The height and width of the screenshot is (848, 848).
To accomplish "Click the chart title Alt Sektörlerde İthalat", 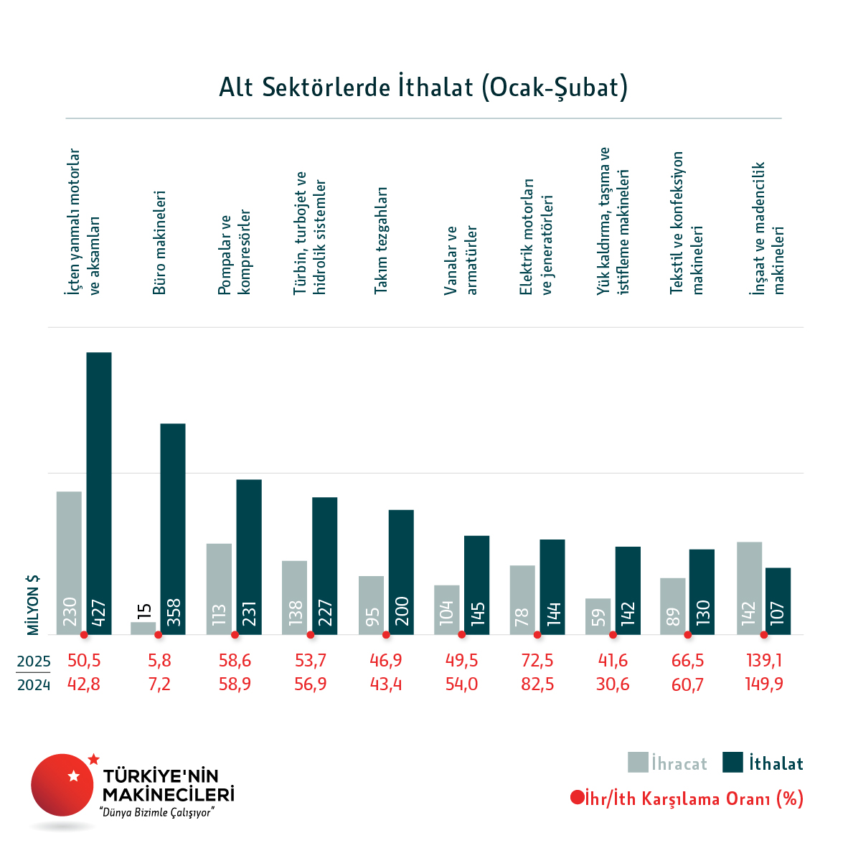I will (x=423, y=87).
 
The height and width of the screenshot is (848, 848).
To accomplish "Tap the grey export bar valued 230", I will (x=69, y=562).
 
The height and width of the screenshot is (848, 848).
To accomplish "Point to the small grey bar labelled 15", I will (x=143, y=628).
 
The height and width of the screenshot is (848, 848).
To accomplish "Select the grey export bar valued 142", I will (x=749, y=588).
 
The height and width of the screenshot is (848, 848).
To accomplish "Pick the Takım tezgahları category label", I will (x=380, y=240).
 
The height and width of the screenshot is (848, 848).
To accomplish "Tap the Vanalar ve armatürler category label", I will (x=461, y=260).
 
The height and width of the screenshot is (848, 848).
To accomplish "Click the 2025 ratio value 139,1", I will (x=764, y=661).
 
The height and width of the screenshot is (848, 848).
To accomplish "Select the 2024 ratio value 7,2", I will (x=159, y=684).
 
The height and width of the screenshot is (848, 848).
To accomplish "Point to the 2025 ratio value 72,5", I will (x=537, y=661).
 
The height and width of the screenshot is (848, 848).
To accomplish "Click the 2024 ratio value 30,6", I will (x=613, y=684).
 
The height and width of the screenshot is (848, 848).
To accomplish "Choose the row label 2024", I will (x=34, y=685).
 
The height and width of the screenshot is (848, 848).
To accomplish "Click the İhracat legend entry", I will (x=668, y=763).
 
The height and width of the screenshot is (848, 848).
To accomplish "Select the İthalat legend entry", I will (x=763, y=763).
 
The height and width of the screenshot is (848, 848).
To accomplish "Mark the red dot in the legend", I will (x=577, y=798).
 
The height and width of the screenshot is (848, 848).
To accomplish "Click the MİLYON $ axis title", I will (x=33, y=605).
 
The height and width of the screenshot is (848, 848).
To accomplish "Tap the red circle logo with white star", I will (x=62, y=785).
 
